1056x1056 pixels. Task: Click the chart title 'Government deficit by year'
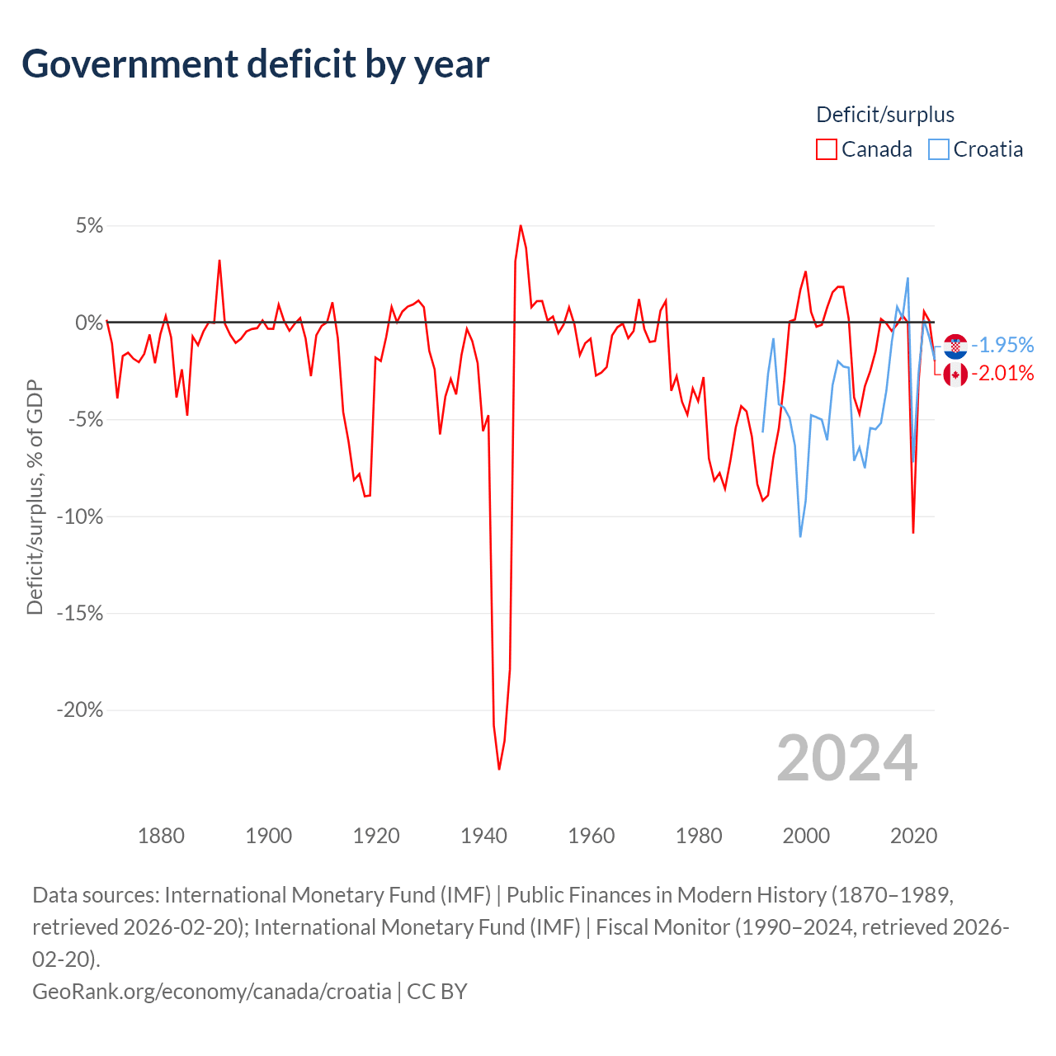(x=256, y=64)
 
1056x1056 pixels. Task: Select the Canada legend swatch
(x=826, y=149)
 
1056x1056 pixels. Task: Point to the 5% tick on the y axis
(x=89, y=226)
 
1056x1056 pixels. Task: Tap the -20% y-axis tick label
(x=80, y=709)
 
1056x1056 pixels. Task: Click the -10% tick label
(x=80, y=516)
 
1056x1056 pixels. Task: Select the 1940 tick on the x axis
(x=483, y=836)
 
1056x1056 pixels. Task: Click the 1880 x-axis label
(x=161, y=836)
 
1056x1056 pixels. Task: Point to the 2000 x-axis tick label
(x=806, y=836)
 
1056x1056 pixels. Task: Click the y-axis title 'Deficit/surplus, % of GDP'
(x=35, y=497)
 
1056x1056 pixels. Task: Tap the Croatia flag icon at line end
(x=955, y=346)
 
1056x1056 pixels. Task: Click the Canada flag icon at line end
(x=955, y=375)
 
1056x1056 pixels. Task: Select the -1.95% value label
(x=1002, y=345)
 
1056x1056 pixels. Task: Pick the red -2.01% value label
(x=1002, y=374)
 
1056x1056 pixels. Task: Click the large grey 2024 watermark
(x=846, y=758)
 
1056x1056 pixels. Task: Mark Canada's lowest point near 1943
(x=499, y=769)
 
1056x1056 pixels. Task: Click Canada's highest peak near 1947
(x=521, y=226)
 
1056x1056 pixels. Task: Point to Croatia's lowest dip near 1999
(x=800, y=536)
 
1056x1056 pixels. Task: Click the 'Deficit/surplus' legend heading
(x=885, y=115)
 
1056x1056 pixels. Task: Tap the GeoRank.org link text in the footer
(x=211, y=991)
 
